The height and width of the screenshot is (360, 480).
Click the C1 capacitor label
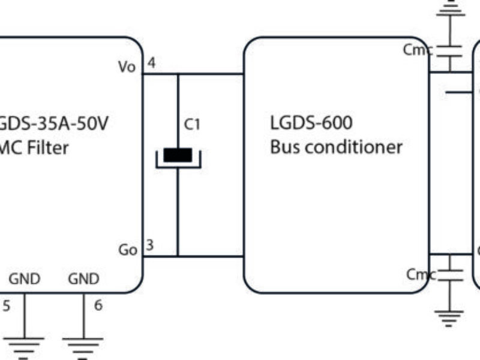pos(192,125)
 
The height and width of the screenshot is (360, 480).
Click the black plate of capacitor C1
pos(178,155)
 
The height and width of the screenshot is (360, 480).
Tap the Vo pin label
pos(127,67)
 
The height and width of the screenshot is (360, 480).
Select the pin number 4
pos(151,63)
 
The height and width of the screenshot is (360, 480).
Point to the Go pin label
pos(127,250)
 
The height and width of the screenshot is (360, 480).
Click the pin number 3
pos(150,245)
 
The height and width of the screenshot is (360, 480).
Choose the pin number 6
pos(98,305)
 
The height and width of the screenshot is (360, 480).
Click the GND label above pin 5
pos(24,279)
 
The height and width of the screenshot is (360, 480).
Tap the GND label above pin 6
pos(83,279)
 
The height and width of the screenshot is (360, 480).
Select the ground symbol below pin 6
pos(83,347)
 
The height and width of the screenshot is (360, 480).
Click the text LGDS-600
pos(311,123)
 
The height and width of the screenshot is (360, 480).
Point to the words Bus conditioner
pos(336,147)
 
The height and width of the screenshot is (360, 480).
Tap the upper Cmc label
pos(416,50)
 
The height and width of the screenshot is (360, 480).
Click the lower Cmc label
pos(420,275)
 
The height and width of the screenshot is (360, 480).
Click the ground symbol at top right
pos(447,7)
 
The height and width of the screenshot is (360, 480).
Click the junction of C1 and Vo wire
pos(178,74)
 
